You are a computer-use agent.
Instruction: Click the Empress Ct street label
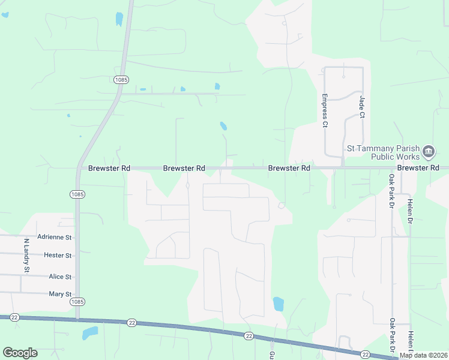[x=325, y=110]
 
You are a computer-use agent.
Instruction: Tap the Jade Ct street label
[x=362, y=106]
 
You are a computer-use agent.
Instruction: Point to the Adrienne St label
[x=54, y=238]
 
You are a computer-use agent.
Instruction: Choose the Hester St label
[x=58, y=256]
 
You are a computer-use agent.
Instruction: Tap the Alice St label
[x=60, y=277]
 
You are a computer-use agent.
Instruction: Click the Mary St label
[x=60, y=294]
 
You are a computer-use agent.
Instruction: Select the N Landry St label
[x=26, y=256]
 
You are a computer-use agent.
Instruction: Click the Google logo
[x=20, y=352]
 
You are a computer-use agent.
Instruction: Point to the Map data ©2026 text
[x=423, y=355]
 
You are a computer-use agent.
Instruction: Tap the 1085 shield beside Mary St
[x=77, y=302]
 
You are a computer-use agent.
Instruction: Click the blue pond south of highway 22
[x=89, y=332]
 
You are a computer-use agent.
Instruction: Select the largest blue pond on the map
[x=278, y=304]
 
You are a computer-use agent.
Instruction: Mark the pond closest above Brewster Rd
[x=223, y=126]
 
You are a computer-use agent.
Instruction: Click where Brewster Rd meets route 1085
[x=78, y=168]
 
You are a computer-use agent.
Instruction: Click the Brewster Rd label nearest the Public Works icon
[x=418, y=168]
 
